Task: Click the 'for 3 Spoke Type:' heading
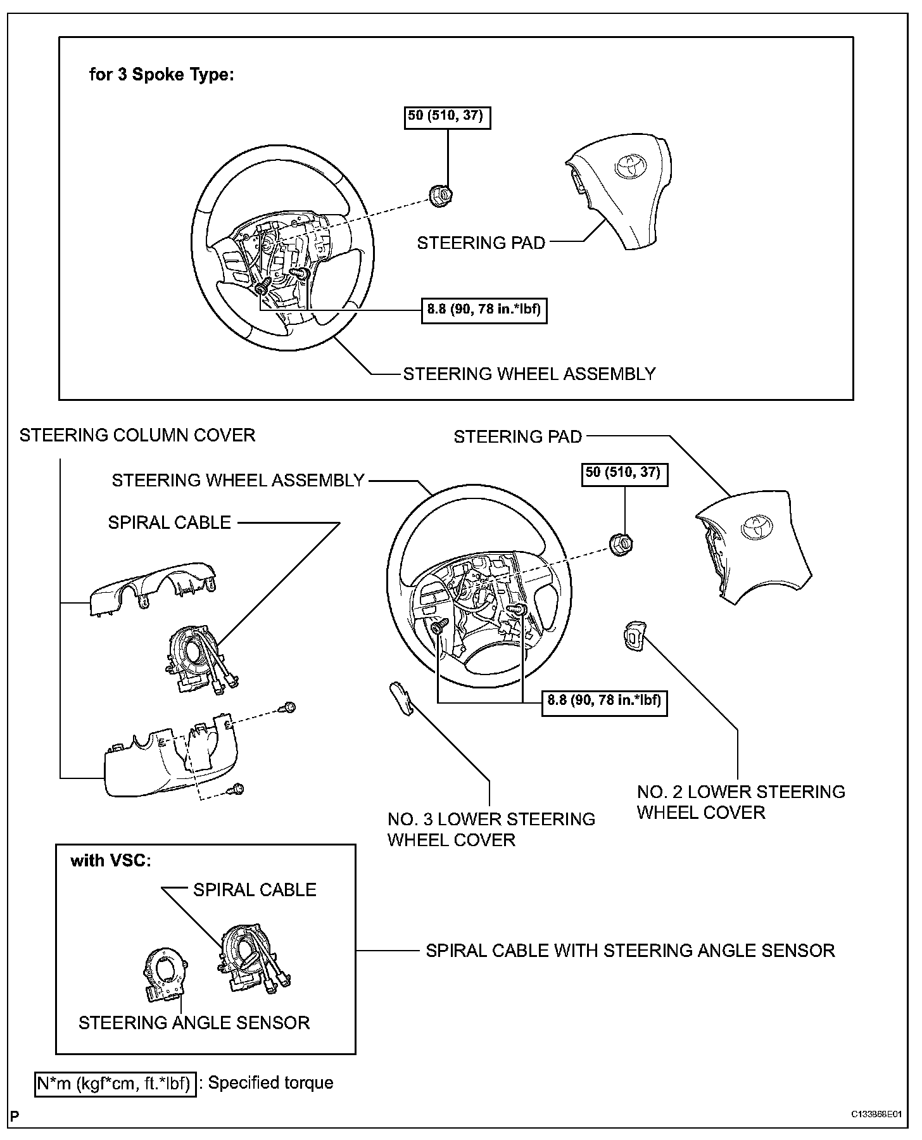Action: [x=161, y=75]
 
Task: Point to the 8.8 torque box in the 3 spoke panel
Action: [x=484, y=310]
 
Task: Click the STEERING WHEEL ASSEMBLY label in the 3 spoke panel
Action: [x=529, y=374]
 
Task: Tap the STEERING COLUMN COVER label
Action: [x=137, y=435]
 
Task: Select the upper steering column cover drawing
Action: [x=153, y=590]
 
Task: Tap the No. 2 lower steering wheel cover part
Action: [x=633, y=635]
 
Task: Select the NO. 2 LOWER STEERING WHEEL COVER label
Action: [x=740, y=802]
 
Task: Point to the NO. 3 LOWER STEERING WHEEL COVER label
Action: [x=491, y=829]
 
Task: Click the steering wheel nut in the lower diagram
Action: [x=621, y=543]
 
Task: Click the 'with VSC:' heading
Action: [x=111, y=861]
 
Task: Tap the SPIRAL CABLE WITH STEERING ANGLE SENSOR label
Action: [x=630, y=951]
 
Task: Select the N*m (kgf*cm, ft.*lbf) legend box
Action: [x=115, y=1083]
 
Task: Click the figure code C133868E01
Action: [x=876, y=1115]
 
